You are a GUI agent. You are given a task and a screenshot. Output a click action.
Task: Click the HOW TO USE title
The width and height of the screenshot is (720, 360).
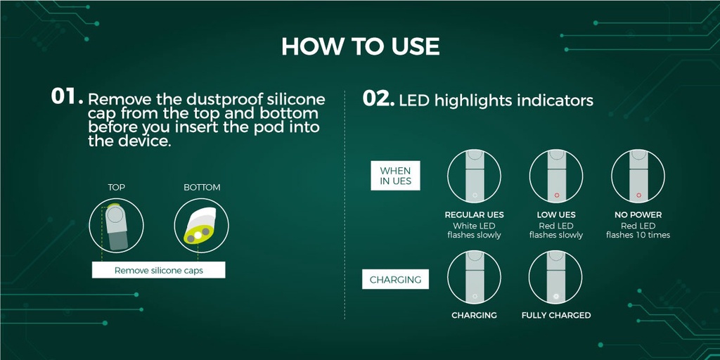[360, 46]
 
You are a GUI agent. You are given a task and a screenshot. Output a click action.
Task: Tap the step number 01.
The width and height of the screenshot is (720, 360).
[67, 97]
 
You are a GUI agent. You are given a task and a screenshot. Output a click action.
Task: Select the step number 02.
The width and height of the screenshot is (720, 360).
[378, 98]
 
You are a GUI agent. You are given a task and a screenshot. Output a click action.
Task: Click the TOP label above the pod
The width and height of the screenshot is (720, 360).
[116, 187]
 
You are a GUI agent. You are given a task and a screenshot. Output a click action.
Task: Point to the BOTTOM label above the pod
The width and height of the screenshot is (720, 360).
[202, 187]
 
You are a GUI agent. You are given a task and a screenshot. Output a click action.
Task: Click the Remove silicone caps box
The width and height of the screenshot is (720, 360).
[158, 270]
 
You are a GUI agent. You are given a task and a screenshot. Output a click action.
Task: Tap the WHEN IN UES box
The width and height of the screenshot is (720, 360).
[395, 175]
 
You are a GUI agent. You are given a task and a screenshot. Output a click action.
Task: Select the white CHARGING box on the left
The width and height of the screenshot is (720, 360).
[395, 279]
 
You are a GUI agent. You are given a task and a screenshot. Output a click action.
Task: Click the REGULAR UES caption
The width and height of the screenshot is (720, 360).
[475, 215]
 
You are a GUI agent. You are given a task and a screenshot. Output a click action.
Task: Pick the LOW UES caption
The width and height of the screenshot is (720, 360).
[556, 215]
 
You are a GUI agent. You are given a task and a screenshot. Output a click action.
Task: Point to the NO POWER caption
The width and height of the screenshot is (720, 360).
[638, 215]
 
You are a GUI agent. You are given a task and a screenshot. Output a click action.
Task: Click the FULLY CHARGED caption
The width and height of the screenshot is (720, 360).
[556, 316]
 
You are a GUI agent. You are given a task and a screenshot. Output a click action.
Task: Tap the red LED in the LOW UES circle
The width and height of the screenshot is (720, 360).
[557, 195]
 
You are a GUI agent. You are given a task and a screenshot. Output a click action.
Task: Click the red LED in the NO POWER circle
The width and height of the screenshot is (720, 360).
[638, 195]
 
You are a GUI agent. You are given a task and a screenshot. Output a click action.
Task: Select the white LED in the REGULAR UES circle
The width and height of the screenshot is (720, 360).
[475, 195]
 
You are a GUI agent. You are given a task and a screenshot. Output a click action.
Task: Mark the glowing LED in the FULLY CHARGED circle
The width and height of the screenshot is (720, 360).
[555, 296]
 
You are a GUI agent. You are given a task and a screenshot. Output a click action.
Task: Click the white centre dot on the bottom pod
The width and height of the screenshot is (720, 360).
[198, 235]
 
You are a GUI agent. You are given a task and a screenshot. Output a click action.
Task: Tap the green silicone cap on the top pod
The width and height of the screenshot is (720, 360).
[114, 205]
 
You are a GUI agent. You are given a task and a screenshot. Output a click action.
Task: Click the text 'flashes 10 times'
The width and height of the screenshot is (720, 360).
[638, 235]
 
